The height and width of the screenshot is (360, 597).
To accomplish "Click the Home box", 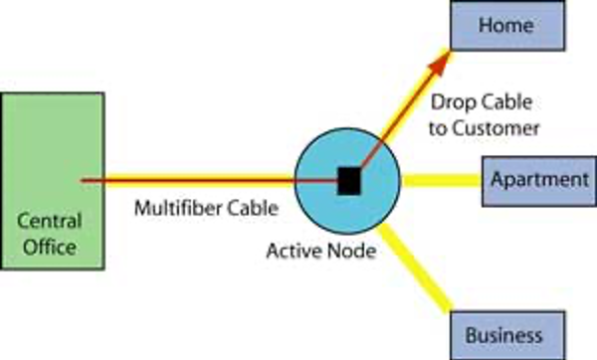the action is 507,25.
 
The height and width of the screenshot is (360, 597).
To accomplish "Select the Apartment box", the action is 539,181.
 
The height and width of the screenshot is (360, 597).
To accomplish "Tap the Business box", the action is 507,335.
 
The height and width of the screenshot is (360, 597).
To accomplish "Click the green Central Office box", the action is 53,181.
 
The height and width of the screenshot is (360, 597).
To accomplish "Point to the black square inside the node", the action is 349,181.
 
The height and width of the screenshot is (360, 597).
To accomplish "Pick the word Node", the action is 352,251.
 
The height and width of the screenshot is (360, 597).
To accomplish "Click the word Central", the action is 50,221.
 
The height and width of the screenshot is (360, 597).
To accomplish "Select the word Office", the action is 50,247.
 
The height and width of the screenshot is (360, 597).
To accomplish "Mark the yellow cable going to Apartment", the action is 441,180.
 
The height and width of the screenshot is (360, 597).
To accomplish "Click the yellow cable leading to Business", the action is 414,268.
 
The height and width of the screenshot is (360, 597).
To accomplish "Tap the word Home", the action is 506,26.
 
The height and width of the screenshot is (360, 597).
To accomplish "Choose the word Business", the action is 503,335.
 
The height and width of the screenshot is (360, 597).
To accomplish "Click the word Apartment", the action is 540,179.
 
